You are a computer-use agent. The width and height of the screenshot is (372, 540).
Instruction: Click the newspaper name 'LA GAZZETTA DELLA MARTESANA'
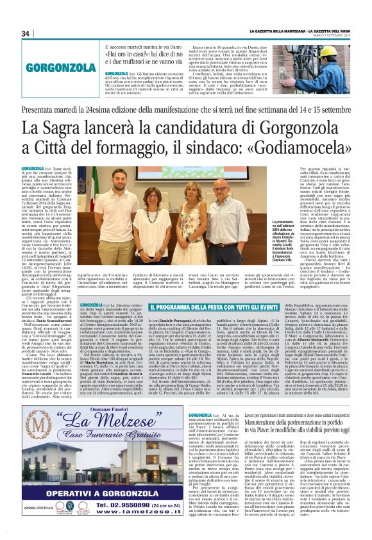(269, 31)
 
